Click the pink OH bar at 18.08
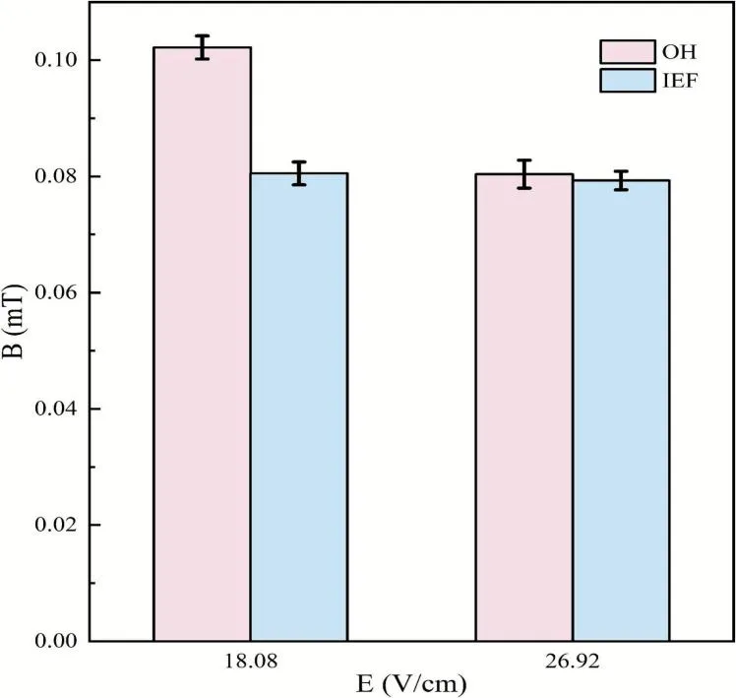tap(202, 345)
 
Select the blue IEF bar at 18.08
tap(298, 408)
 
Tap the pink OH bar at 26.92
tap(524, 408)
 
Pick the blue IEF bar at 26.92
tap(621, 411)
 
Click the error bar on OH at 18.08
tap(202, 47)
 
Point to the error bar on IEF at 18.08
tap(298, 173)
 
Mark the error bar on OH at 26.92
tap(524, 173)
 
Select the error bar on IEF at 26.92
tap(621, 180)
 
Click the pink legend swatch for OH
tap(628, 52)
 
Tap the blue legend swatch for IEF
tap(628, 80)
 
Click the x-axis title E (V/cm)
tap(410, 683)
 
